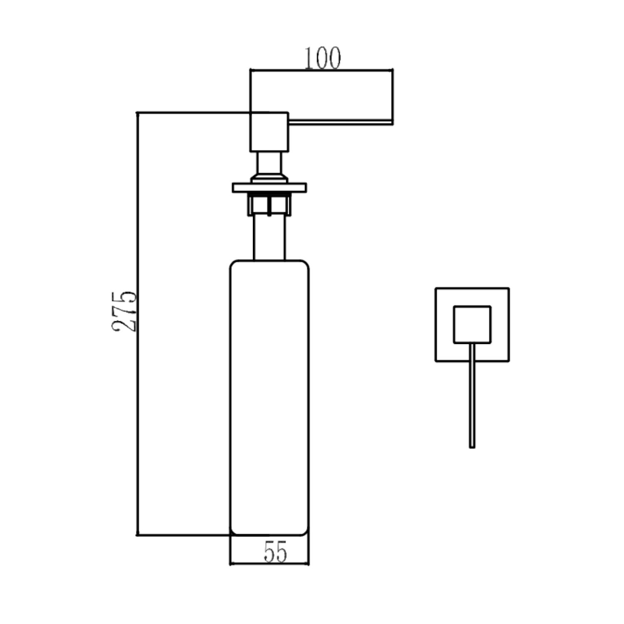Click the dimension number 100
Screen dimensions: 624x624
tap(323, 58)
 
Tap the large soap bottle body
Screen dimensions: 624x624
tap(270, 397)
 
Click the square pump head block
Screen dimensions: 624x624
tap(269, 131)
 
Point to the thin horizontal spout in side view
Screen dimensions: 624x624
tap(341, 121)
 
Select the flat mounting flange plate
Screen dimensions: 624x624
tap(270, 188)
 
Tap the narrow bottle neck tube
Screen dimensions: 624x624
tap(270, 238)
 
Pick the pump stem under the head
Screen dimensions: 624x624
tap(269, 163)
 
